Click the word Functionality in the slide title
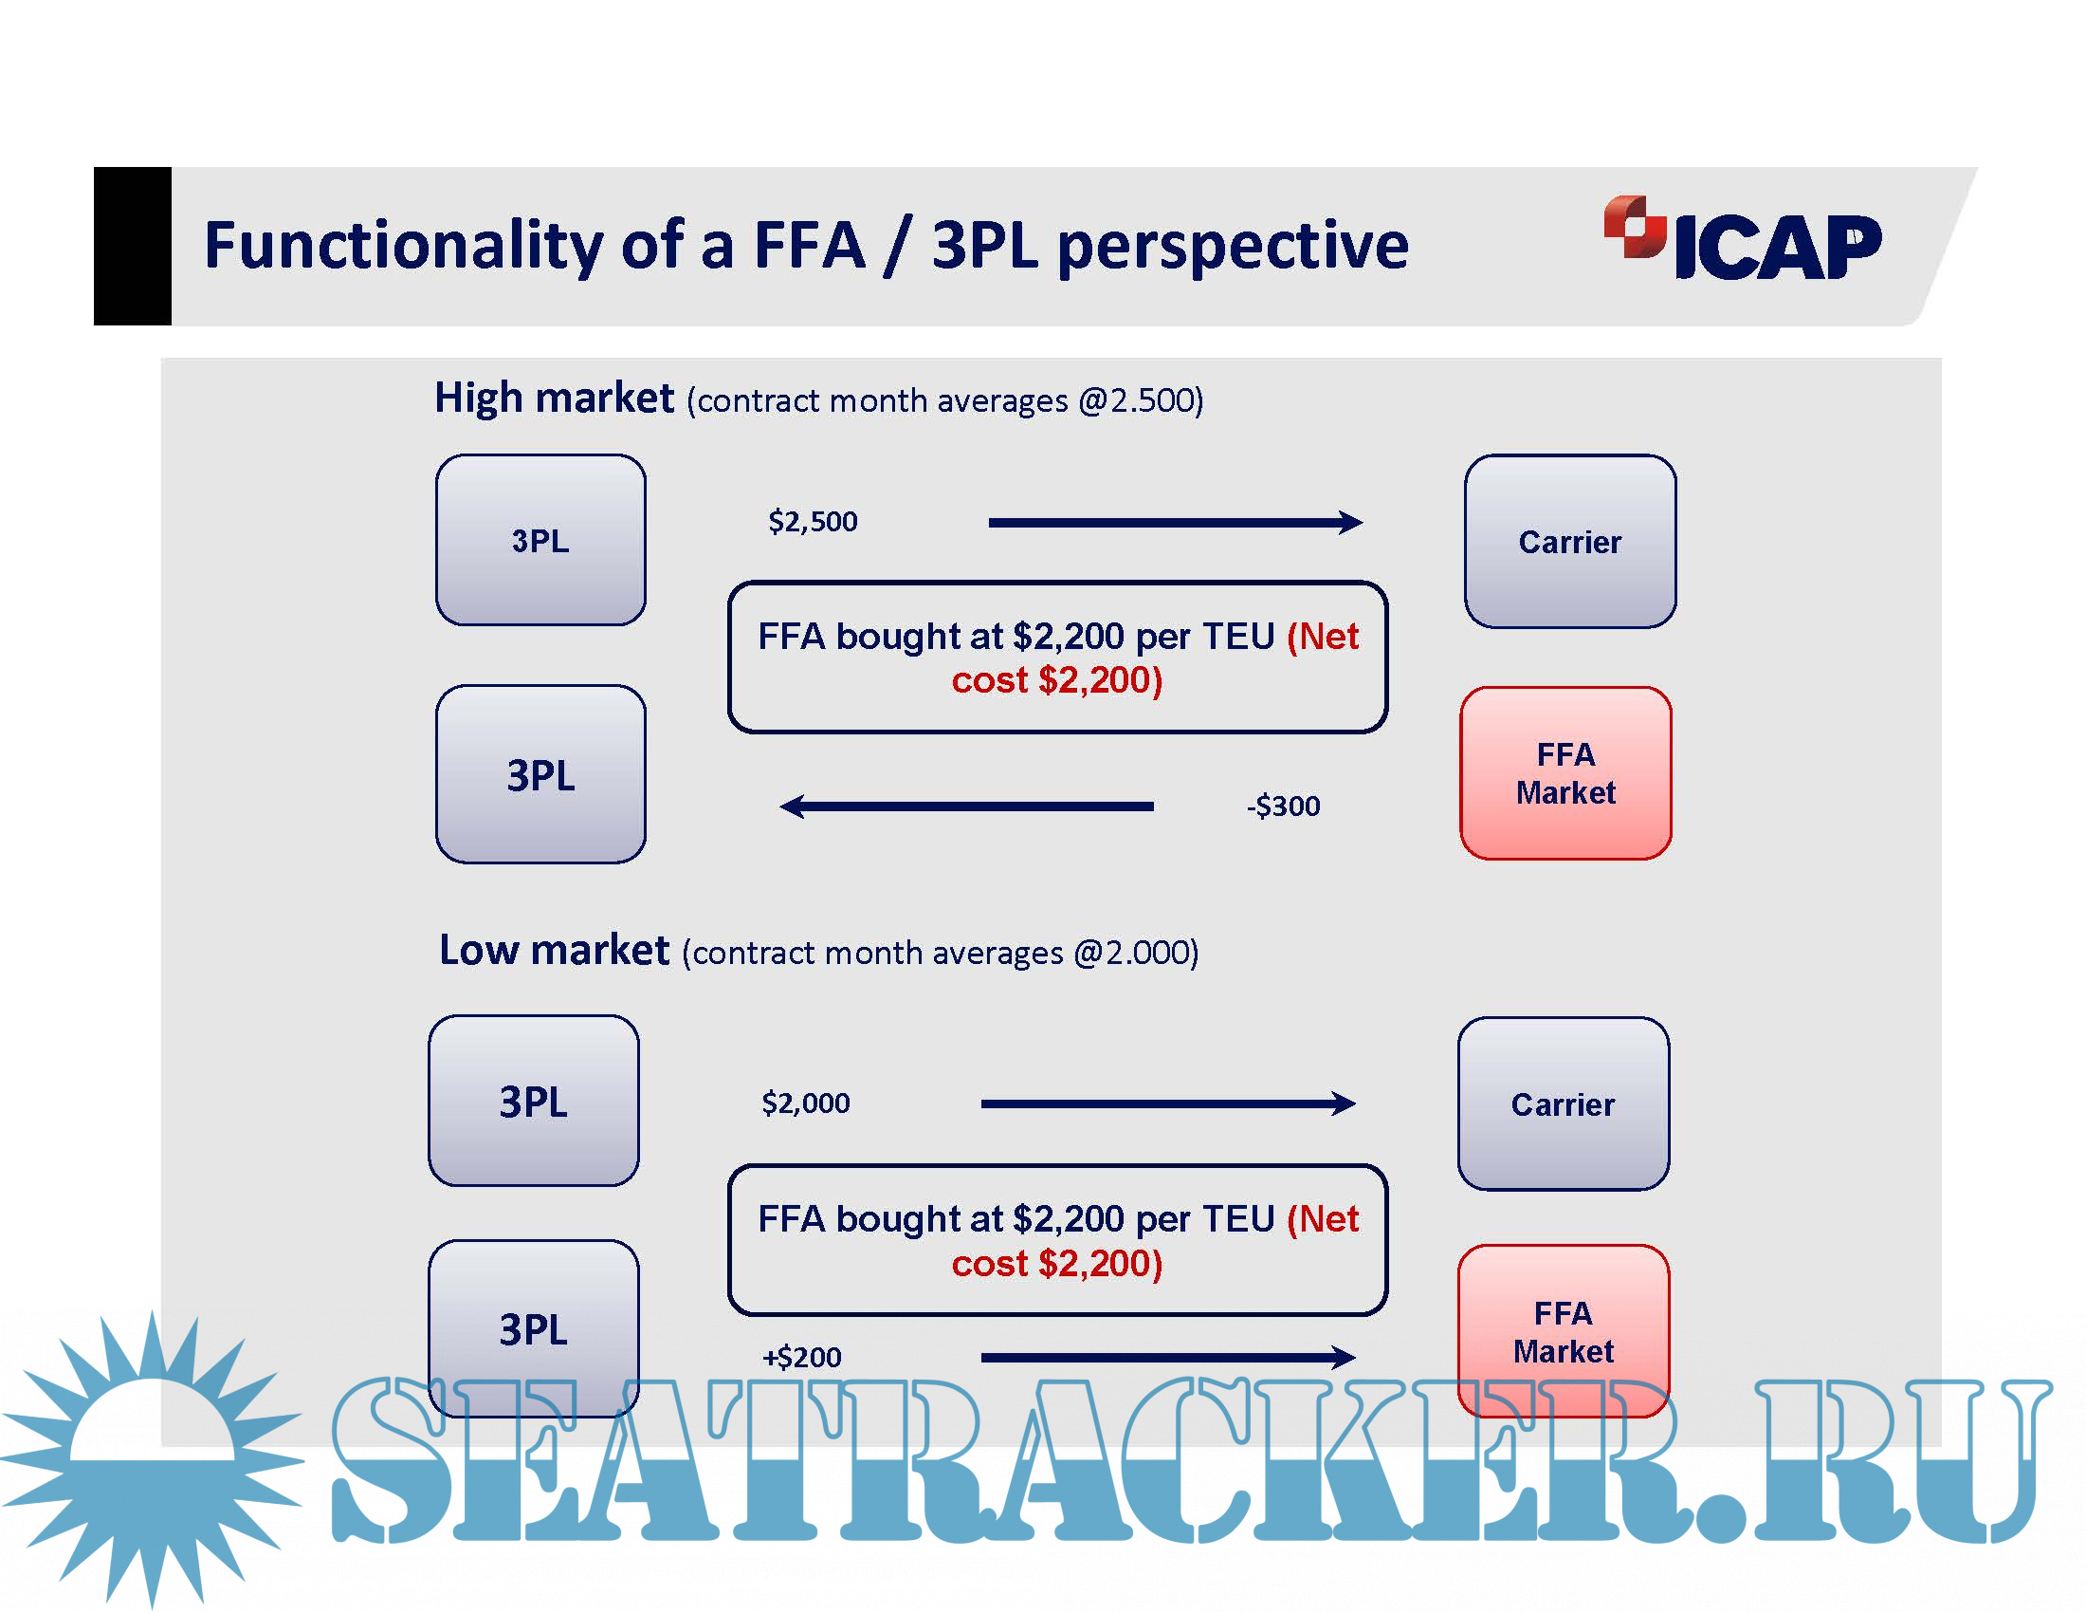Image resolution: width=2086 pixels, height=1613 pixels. (404, 246)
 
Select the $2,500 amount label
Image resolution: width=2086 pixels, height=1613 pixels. (813, 522)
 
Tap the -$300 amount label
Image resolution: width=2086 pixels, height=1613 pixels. (1283, 806)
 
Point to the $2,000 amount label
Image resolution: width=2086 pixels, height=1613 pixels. (805, 1103)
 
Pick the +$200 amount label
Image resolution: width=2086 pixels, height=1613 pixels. (801, 1357)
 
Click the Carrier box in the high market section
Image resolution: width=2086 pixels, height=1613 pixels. (1570, 542)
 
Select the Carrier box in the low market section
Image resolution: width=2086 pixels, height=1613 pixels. (1564, 1103)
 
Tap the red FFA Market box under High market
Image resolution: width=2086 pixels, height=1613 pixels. (1566, 773)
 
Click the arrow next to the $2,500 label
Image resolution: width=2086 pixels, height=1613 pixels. (1176, 522)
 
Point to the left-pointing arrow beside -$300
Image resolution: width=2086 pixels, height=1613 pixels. (966, 806)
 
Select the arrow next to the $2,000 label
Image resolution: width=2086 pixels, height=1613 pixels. (1168, 1103)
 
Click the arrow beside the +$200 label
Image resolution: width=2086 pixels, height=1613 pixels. (1168, 1357)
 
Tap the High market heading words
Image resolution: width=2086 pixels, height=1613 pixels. (554, 399)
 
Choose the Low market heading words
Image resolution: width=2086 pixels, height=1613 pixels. (554, 950)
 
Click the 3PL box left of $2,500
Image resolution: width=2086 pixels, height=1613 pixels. (540, 540)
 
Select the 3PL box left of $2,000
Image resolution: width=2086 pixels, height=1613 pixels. (534, 1101)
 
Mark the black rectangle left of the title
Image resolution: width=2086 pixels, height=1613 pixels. (133, 247)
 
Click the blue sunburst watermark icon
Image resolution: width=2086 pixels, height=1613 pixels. (153, 1458)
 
